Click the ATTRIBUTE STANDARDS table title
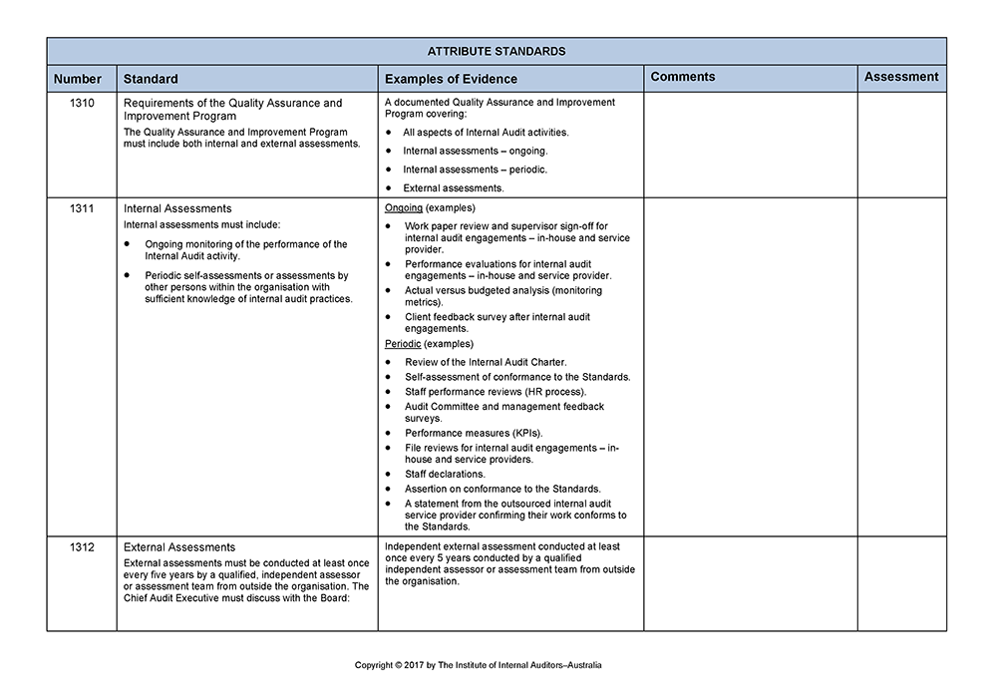coord(496,51)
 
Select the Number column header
coord(78,79)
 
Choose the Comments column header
coord(683,77)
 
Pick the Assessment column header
coord(901,77)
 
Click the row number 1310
coord(84,103)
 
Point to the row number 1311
coord(84,208)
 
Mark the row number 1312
coord(84,547)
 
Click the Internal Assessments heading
coord(177,208)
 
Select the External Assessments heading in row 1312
coord(179,547)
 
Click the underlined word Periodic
coord(404,344)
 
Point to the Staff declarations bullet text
coord(445,475)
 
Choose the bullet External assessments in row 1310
coord(454,187)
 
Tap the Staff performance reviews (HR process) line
coord(496,392)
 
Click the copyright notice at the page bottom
coord(479,665)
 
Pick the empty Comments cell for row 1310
coord(750,146)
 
